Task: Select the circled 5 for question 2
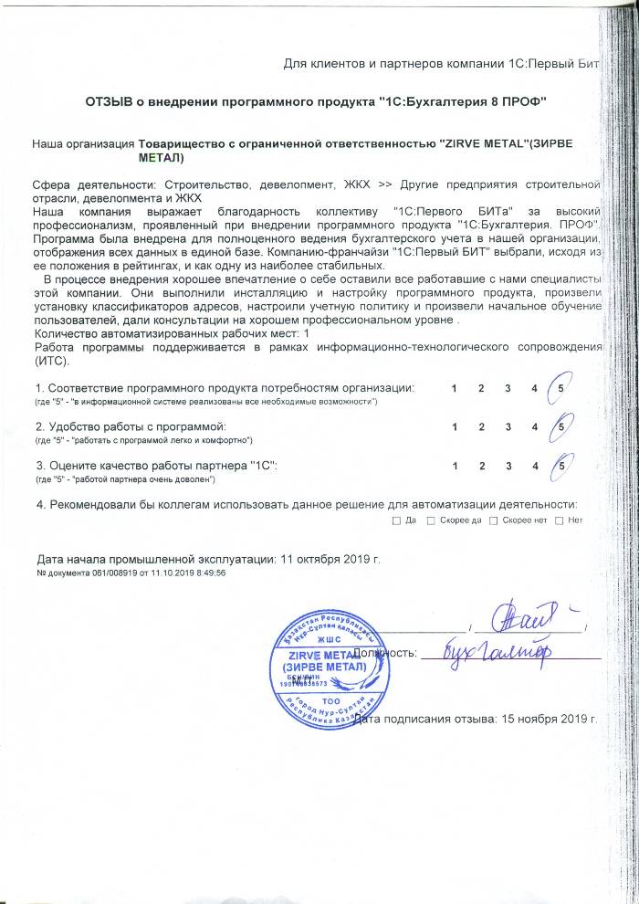(x=560, y=426)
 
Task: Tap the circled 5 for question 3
(x=560, y=465)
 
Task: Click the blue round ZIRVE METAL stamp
(x=323, y=659)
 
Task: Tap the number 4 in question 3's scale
(x=534, y=465)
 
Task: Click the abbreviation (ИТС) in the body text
(x=50, y=360)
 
